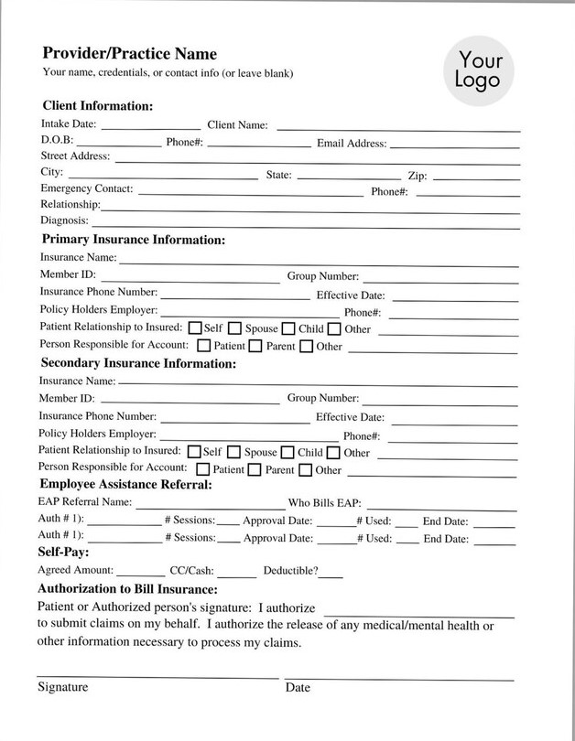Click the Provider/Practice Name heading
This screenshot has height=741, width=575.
pos(129,54)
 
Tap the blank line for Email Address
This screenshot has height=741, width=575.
pos(454,145)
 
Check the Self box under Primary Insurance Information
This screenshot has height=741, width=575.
pos(194,328)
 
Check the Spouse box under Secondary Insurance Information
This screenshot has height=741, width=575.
pos(234,452)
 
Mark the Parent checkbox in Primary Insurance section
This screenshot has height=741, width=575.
pos(255,347)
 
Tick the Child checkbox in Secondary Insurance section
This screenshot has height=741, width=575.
pos(287,452)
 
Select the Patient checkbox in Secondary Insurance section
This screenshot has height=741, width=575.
pos(203,470)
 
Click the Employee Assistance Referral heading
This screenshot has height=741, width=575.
pos(125,485)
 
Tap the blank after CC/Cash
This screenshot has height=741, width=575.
pos(237,575)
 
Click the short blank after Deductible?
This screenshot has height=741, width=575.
pos(331,575)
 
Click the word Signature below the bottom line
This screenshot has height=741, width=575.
pos(62,687)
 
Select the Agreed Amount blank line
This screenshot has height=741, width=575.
pos(141,575)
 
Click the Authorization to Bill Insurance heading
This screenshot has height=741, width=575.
pos(126,590)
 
